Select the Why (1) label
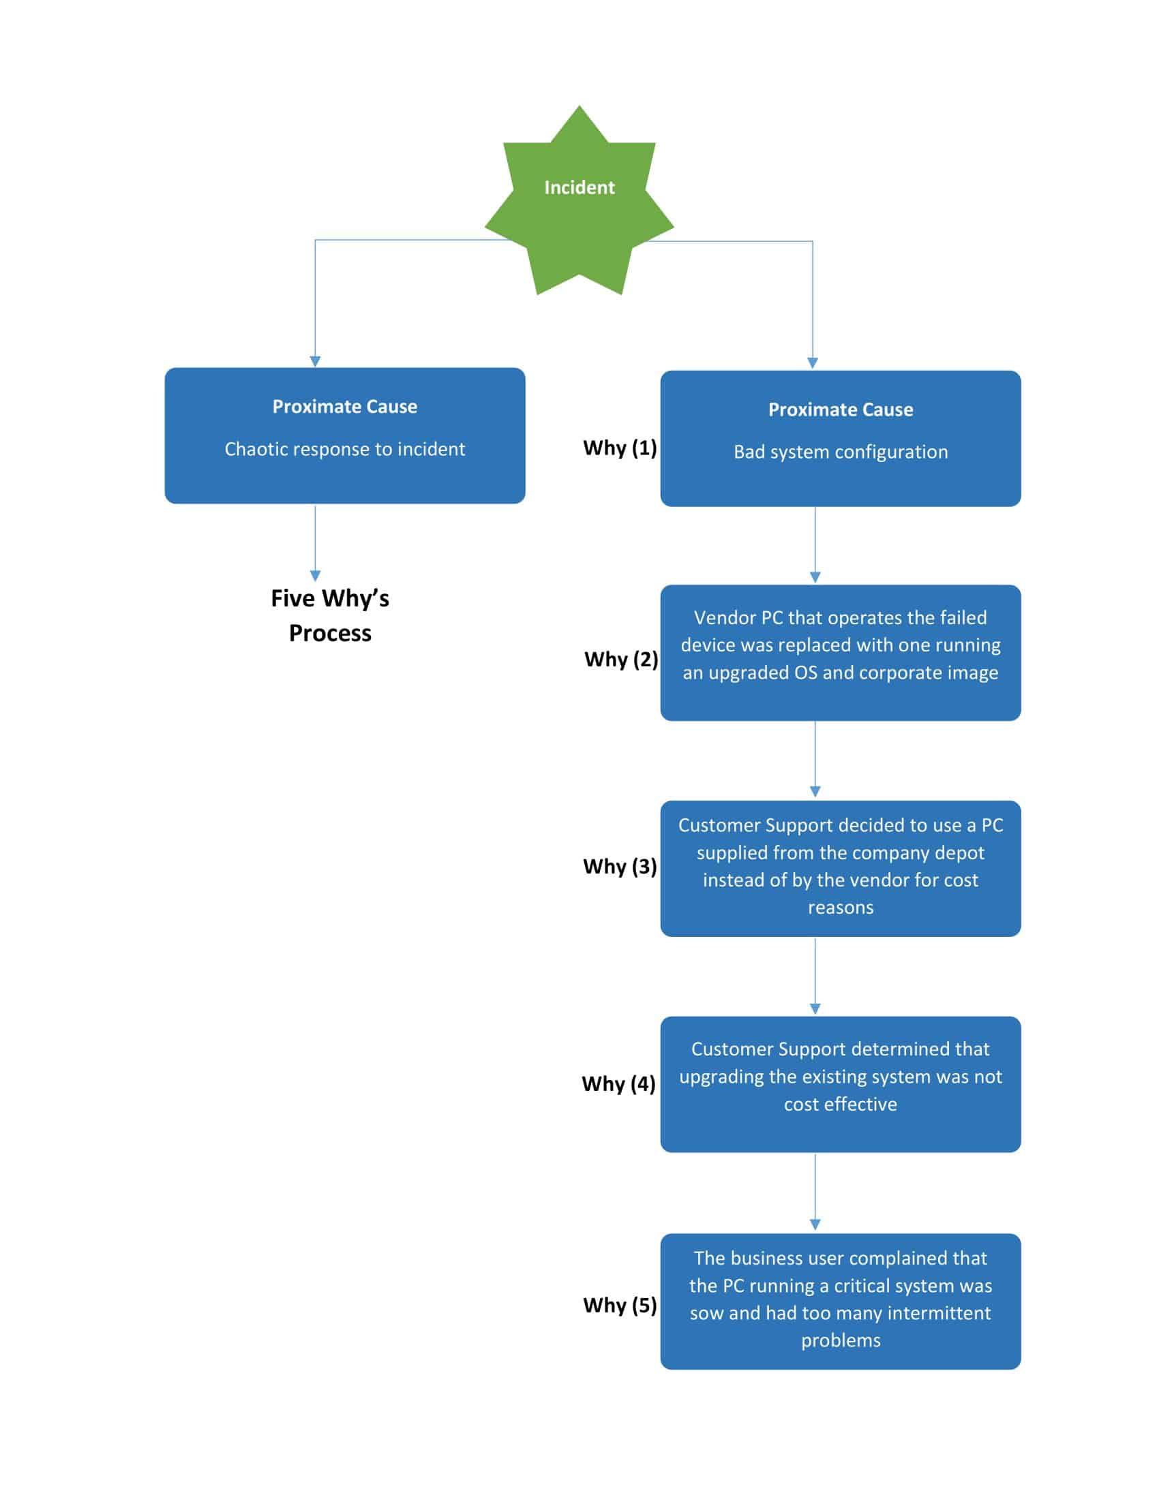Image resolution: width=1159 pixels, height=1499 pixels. [619, 448]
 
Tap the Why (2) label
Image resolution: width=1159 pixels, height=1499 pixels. [620, 659]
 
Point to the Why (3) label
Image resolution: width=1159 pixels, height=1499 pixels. [619, 866]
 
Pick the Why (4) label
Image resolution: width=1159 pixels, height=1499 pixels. [618, 1083]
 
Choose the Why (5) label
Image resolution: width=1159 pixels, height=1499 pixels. [619, 1305]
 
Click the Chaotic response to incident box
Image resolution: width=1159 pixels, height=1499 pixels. [345, 436]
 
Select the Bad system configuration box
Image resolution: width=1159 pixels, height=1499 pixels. [841, 439]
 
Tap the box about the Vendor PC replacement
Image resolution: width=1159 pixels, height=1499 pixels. [841, 652]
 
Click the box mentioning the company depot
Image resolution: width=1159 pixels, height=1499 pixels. [841, 867]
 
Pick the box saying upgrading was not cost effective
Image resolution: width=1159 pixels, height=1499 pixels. [841, 1084]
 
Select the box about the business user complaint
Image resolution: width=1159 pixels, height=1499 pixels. [841, 1301]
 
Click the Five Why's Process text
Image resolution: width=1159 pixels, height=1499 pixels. [329, 616]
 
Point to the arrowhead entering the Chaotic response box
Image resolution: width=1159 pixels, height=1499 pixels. [315, 361]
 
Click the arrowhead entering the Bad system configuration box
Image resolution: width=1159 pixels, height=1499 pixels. [812, 363]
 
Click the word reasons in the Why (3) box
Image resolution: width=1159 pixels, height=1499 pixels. [841, 908]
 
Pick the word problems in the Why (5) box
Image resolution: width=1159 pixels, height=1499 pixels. [841, 1340]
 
